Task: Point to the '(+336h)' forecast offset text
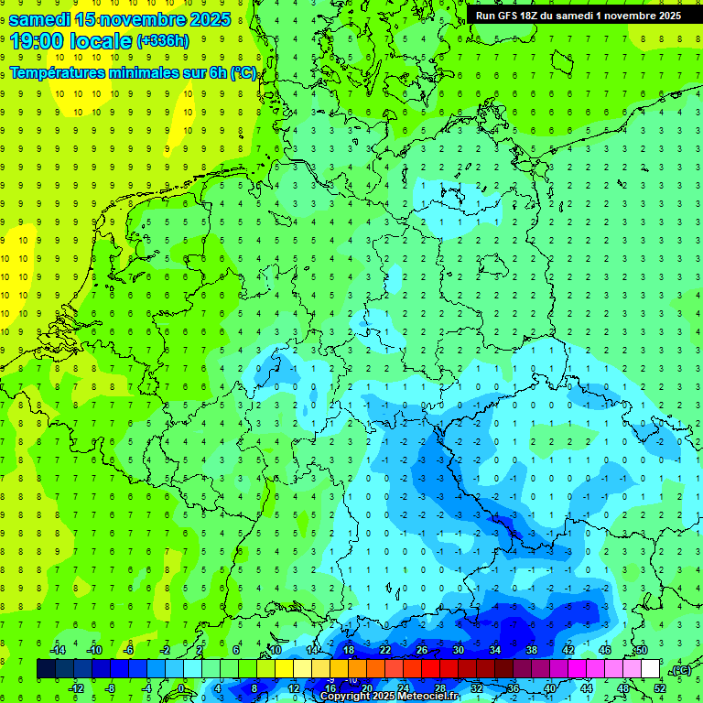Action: click(x=163, y=41)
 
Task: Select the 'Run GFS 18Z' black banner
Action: click(x=579, y=16)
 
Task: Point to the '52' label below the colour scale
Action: click(x=660, y=687)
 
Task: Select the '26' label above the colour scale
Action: click(x=422, y=650)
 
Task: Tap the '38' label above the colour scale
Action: click(x=532, y=650)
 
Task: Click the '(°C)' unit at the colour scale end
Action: click(x=681, y=670)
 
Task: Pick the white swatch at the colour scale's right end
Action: click(x=651, y=669)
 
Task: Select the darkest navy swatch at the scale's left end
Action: click(x=46, y=669)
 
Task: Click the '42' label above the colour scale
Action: click(x=568, y=650)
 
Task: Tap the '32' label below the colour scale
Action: click(x=477, y=687)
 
